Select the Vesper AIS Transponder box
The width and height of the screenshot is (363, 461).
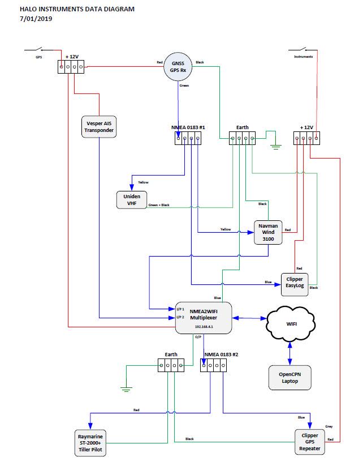100,127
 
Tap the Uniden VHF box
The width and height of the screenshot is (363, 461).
128,200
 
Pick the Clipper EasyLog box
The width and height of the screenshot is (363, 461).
295,283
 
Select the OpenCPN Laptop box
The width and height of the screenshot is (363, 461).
289,377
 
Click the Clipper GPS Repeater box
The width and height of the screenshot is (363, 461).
310,442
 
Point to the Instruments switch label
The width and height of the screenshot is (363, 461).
303,57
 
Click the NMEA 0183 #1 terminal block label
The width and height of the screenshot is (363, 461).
188,128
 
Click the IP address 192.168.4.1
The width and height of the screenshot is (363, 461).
204,327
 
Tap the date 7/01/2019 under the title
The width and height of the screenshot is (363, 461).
36,19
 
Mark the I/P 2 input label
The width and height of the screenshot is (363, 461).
180,317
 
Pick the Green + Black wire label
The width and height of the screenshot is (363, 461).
158,205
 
